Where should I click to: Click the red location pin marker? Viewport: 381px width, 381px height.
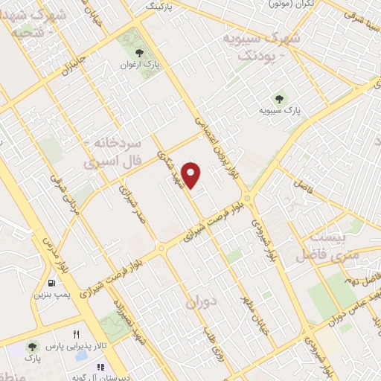click(192, 174)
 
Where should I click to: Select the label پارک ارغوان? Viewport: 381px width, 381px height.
click(141, 65)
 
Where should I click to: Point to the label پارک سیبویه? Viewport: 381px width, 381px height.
click(280, 110)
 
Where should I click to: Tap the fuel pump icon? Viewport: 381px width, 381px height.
click(51, 283)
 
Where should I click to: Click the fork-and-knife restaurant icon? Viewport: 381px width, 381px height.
click(76, 335)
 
